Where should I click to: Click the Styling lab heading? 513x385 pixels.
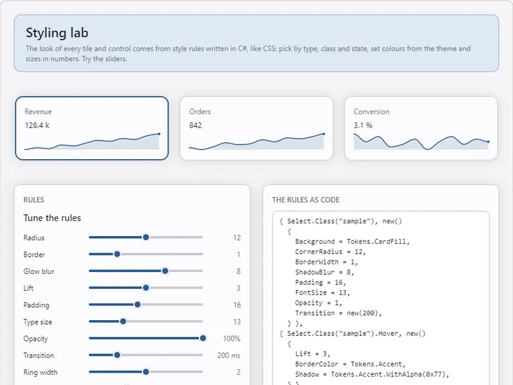pyautogui.click(x=57, y=33)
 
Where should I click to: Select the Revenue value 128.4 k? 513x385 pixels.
pyautogui.click(x=37, y=125)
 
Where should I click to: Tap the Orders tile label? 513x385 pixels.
pyautogui.click(x=200, y=112)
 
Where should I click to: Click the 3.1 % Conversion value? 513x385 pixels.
pyautogui.click(x=363, y=125)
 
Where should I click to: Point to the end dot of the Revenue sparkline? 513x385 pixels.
pyautogui.click(x=159, y=134)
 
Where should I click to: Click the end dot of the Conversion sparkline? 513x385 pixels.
pyautogui.click(x=489, y=142)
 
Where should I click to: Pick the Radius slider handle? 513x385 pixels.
pyautogui.click(x=146, y=237)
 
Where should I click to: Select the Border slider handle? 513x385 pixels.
pyautogui.click(x=117, y=254)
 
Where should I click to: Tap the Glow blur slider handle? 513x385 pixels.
pyautogui.click(x=165, y=271)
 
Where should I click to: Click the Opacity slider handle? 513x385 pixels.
pyautogui.click(x=203, y=338)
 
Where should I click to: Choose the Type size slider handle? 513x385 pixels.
pyautogui.click(x=123, y=321)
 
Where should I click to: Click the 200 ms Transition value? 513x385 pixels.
pyautogui.click(x=229, y=355)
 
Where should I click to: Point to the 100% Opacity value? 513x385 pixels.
pyautogui.click(x=231, y=339)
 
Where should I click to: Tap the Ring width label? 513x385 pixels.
pyautogui.click(x=40, y=373)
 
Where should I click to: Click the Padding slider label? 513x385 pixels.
pyautogui.click(x=37, y=305)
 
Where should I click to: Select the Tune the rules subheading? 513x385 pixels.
pyautogui.click(x=52, y=218)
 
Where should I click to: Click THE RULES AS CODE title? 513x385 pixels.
pyautogui.click(x=306, y=200)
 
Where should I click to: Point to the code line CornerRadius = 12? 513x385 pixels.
pyautogui.click(x=330, y=252)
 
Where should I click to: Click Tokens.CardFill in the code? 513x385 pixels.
pyautogui.click(x=378, y=242)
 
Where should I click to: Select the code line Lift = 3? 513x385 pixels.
pyautogui.click(x=313, y=354)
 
